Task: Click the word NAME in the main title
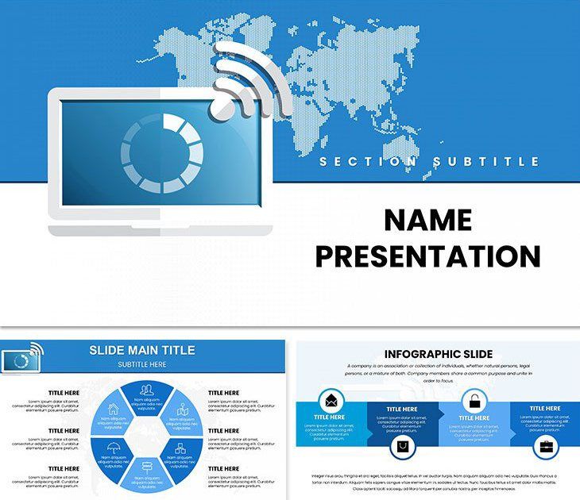coord(427,220)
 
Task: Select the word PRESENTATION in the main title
coord(427,256)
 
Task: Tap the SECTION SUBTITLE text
coord(429,162)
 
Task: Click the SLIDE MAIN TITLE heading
coord(141,350)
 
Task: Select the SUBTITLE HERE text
coord(141,364)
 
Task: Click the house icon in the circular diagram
coord(113,409)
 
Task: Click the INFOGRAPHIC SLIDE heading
coord(439,354)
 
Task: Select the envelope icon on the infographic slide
coord(330,400)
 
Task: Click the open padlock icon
coord(474,400)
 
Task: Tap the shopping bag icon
coord(402,448)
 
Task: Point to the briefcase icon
coord(547,447)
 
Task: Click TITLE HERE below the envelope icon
coord(329,417)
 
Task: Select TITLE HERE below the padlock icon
coord(474,418)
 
